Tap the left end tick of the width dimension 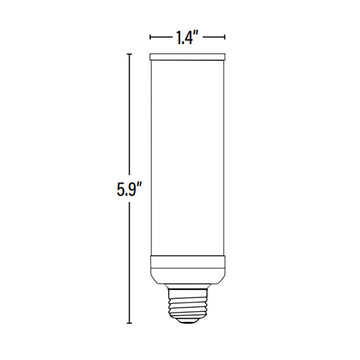[150, 37]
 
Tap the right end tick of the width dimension [224, 37]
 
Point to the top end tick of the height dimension [129, 54]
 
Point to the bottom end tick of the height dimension [129, 323]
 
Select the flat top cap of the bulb [187, 57]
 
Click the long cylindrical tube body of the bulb [187, 158]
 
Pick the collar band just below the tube [187, 262]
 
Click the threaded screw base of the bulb [187, 303]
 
